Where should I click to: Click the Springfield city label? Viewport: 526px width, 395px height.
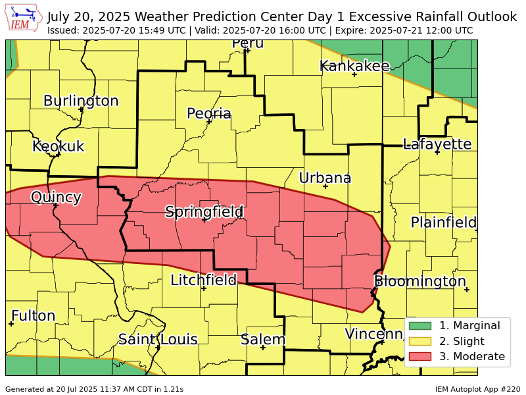204,212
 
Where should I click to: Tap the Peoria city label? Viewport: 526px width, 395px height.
209,114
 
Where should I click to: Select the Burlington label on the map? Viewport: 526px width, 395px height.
81,101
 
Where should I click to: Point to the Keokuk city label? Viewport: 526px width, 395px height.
59,146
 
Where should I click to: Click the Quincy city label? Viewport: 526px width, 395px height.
56,197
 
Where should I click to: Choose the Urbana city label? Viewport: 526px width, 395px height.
325,178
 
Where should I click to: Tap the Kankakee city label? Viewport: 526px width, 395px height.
354,66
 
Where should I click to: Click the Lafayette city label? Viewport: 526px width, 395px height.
437,144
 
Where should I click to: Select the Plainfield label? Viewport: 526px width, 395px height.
443,223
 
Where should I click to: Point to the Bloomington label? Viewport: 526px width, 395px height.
420,281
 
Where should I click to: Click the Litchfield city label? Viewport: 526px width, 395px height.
203,280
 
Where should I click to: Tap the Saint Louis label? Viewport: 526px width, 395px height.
158,339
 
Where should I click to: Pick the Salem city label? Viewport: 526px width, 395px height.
263,340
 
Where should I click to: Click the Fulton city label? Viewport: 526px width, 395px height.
33,316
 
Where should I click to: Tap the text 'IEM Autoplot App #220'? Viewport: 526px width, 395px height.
477,389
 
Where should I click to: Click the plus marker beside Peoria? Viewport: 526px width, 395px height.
209,122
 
